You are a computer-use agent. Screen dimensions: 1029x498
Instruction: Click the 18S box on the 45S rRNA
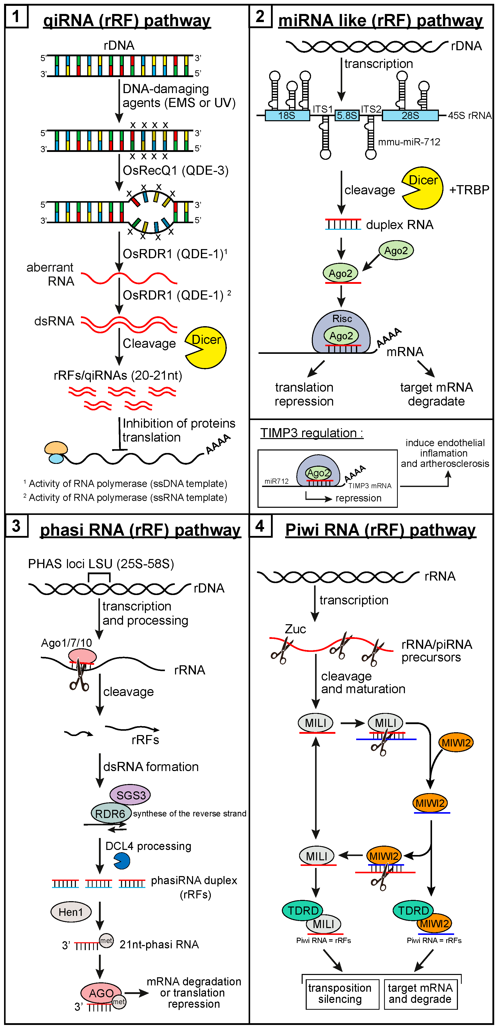[x=287, y=115]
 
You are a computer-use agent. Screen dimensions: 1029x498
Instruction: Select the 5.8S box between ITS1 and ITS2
[x=347, y=115]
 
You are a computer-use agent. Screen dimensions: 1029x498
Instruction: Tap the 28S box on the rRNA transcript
[x=410, y=115]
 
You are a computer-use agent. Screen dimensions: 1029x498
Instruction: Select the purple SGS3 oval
[x=130, y=795]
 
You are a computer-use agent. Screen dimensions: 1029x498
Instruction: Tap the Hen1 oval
[x=71, y=912]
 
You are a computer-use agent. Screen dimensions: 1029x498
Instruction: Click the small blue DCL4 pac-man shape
[x=122, y=861]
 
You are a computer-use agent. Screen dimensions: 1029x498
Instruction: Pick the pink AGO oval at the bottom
[x=101, y=993]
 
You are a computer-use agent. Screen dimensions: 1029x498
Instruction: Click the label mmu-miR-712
[x=409, y=142]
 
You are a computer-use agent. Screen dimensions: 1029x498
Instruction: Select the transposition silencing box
[x=340, y=993]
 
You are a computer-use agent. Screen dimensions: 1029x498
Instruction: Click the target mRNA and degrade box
[x=420, y=993]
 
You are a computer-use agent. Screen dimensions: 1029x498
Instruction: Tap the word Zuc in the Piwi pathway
[x=295, y=629]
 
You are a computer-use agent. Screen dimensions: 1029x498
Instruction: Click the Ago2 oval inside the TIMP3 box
[x=319, y=473]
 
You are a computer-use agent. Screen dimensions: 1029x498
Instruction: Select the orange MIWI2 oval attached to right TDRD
[x=435, y=923]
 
